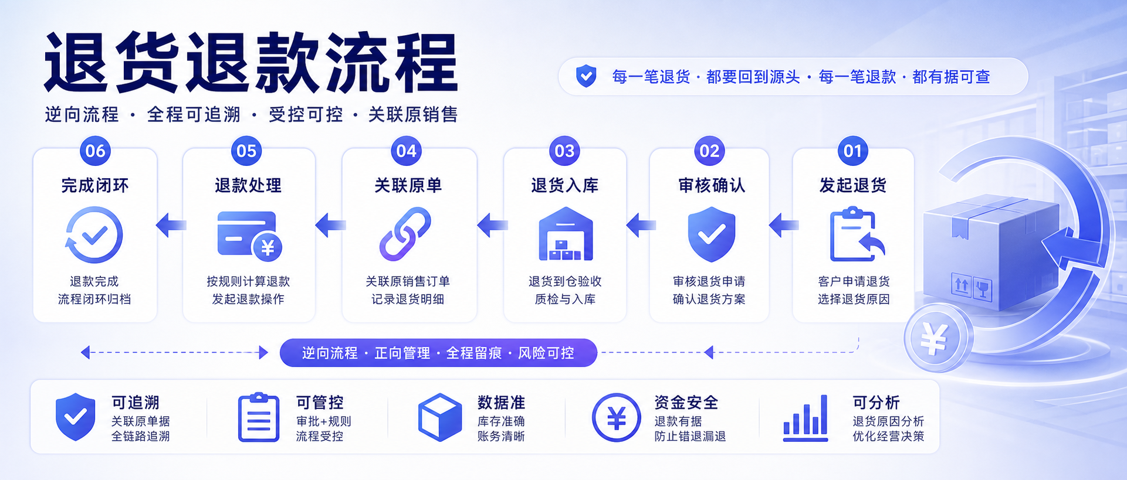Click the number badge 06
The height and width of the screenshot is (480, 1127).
(95, 151)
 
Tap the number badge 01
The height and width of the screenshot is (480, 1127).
(852, 151)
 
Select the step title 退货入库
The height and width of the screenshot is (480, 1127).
(564, 185)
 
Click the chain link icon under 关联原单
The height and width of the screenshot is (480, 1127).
(405, 234)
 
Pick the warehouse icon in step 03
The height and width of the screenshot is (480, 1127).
(566, 234)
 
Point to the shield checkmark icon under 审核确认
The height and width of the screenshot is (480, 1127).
(711, 234)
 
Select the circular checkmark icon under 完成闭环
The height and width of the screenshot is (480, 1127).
(94, 234)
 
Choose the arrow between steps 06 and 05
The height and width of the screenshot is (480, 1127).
(171, 225)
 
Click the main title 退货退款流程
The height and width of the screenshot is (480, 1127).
(251, 62)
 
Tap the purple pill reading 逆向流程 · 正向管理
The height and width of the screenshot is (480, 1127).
(438, 353)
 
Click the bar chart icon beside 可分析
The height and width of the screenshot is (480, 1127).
(806, 418)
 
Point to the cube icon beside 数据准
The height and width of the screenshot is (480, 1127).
(440, 417)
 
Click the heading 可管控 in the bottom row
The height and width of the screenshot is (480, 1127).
(320, 403)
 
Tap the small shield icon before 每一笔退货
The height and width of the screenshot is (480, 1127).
(586, 76)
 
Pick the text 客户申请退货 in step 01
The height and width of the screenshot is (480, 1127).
(854, 281)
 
